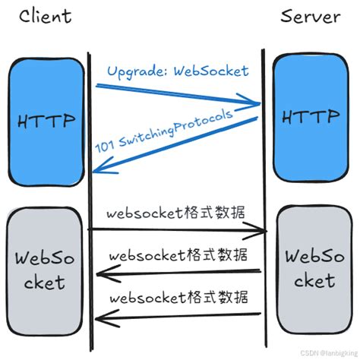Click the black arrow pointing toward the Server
point(179,229)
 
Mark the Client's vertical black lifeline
point(90,190)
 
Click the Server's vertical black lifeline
point(264,190)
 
